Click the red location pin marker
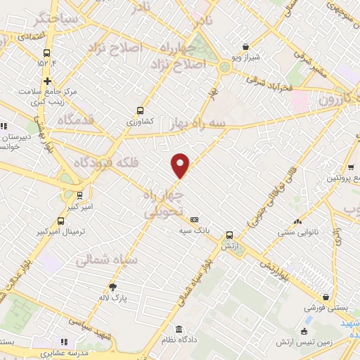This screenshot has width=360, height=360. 181,165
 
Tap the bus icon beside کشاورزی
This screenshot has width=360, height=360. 140,110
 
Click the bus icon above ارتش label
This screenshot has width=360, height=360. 229,236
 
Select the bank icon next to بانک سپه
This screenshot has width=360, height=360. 195,219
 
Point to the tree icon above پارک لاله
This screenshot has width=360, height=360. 112,286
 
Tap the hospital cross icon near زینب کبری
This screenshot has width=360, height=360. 47,81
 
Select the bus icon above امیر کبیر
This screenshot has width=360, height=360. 79,195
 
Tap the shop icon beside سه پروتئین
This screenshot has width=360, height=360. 350,167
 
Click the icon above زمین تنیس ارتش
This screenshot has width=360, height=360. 304,331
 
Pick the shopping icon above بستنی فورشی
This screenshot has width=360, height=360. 325,297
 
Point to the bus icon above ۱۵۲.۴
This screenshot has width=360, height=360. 47,53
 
